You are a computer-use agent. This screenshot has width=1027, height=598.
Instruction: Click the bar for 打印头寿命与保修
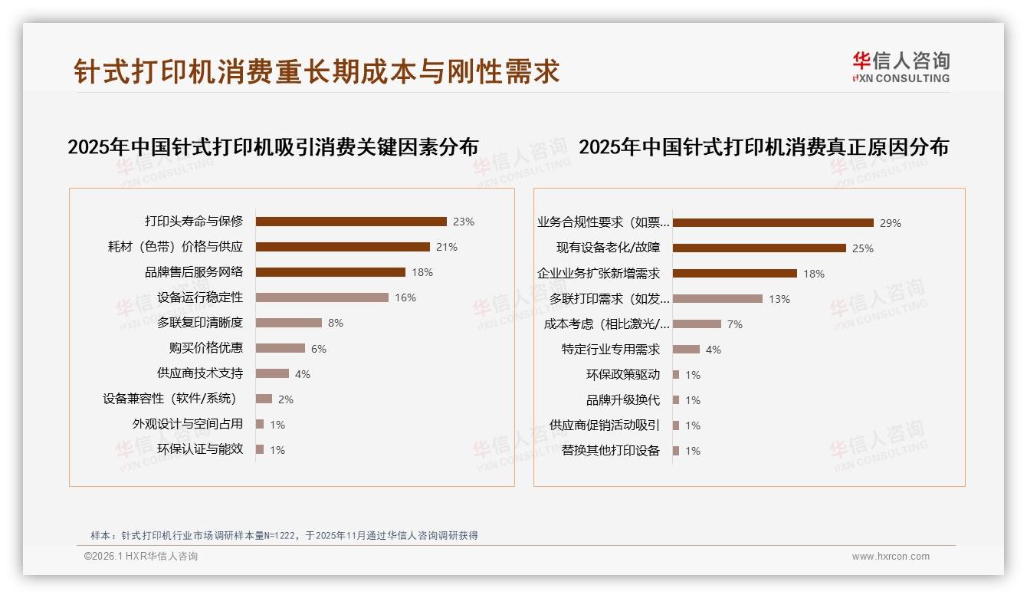351,222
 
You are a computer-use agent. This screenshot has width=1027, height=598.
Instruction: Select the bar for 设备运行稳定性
322,297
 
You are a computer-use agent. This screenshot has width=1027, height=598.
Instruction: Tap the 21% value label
447,247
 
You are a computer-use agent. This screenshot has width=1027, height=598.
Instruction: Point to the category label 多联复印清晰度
200,323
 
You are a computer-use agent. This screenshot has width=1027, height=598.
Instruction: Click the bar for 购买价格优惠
281,348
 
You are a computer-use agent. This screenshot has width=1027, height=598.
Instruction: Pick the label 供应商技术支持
200,373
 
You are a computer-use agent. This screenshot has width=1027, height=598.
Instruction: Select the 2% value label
286,399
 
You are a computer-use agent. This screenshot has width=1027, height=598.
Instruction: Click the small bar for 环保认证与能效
260,449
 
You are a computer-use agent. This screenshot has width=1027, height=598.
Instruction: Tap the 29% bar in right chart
773,223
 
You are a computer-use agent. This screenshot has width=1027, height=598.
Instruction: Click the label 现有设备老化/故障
608,248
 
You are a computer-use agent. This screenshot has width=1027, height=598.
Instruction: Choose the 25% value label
863,248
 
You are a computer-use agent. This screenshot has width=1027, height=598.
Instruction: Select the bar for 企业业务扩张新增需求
734,273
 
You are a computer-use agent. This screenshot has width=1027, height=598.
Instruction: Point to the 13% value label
779,299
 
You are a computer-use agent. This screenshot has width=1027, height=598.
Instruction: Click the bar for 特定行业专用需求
686,350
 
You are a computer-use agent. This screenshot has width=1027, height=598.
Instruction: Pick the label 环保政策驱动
622,375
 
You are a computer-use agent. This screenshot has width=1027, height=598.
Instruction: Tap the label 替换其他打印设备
610,451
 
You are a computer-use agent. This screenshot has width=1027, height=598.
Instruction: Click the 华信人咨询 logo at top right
901,67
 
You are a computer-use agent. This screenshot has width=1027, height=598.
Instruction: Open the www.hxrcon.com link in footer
891,557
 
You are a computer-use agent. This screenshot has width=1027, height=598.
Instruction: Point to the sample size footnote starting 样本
284,535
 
